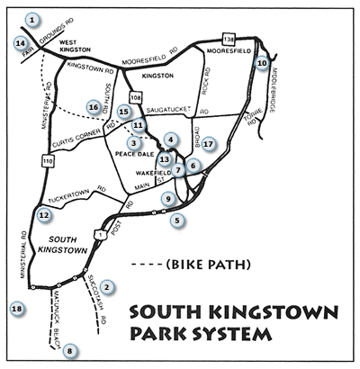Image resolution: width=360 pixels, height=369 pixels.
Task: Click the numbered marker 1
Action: click(32, 18)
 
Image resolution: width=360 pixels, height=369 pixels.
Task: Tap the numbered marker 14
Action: click(20, 42)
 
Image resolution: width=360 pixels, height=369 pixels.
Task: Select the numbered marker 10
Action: click(262, 63)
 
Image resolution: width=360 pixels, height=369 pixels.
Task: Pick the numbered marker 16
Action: click(93, 106)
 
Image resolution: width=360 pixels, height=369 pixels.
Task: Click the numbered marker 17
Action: click(208, 143)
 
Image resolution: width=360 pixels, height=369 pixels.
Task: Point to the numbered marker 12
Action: click(44, 214)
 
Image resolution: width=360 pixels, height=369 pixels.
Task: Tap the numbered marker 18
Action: click(15, 310)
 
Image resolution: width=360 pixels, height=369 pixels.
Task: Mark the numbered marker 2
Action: click(106, 287)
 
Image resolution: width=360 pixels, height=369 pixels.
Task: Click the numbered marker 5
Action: click(177, 220)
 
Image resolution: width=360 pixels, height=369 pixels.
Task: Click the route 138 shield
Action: click(229, 39)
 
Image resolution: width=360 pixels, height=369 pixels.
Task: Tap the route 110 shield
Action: click(44, 162)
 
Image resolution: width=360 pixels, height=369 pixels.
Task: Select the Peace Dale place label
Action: click(136, 154)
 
